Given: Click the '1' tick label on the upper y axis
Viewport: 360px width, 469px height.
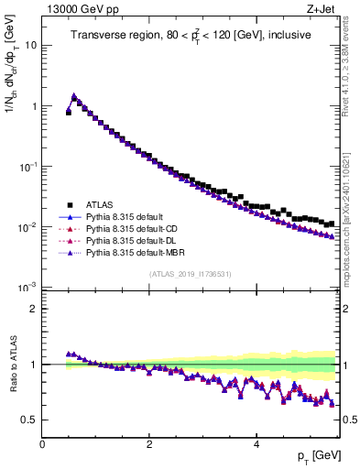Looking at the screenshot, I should [x=33, y=106].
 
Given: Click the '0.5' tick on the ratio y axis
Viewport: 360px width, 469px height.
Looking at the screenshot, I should [x=28, y=420].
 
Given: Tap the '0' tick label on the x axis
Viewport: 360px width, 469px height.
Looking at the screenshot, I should [x=43, y=444].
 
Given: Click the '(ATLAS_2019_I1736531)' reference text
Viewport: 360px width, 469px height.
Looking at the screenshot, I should [x=189, y=274].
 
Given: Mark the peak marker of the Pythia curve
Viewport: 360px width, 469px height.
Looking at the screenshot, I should [x=73, y=95].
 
